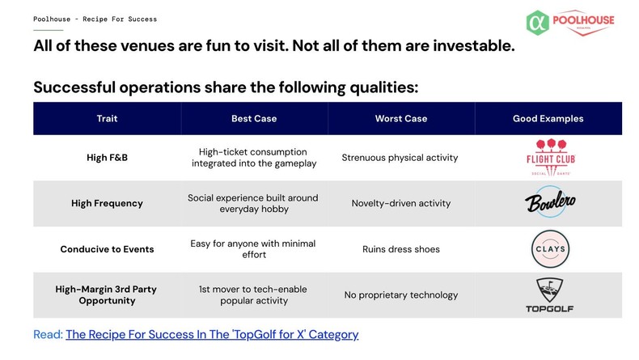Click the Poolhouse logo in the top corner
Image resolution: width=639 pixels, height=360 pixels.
(x=569, y=22)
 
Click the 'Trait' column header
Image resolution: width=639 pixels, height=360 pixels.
(x=107, y=118)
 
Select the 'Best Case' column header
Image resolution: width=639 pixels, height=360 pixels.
(x=254, y=118)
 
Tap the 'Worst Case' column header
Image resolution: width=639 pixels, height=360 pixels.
(x=400, y=118)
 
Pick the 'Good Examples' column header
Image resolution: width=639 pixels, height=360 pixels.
(x=548, y=118)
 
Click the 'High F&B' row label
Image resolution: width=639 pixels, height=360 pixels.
(x=107, y=158)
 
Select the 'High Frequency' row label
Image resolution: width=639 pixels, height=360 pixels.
(x=107, y=203)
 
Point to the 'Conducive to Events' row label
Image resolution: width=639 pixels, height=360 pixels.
(x=107, y=249)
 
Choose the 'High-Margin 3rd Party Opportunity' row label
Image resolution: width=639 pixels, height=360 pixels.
(x=107, y=294)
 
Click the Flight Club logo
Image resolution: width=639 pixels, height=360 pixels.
(x=548, y=158)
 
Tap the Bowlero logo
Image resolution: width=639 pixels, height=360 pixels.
(x=548, y=203)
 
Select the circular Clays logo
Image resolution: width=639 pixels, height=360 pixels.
(x=548, y=248)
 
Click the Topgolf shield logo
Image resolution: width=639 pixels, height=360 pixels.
(x=548, y=294)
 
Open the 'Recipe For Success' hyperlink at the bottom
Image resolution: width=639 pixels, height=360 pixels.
(x=212, y=334)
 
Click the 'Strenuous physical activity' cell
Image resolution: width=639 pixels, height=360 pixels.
(x=400, y=158)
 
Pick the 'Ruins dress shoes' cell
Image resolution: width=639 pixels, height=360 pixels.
(x=400, y=249)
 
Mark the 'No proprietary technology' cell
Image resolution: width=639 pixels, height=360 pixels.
(x=400, y=294)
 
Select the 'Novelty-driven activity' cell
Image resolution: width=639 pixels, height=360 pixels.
(x=400, y=203)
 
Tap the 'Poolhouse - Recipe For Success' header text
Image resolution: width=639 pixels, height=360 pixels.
(x=95, y=19)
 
